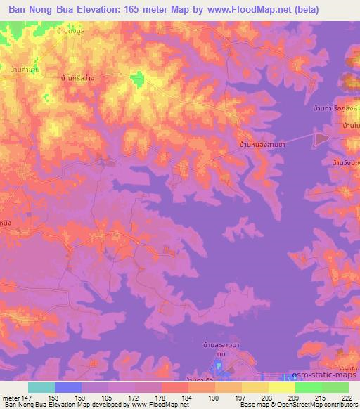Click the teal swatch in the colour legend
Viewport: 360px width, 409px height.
(41, 387)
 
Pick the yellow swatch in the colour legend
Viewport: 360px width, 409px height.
(282, 387)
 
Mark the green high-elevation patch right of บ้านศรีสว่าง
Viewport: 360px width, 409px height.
(137, 79)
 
